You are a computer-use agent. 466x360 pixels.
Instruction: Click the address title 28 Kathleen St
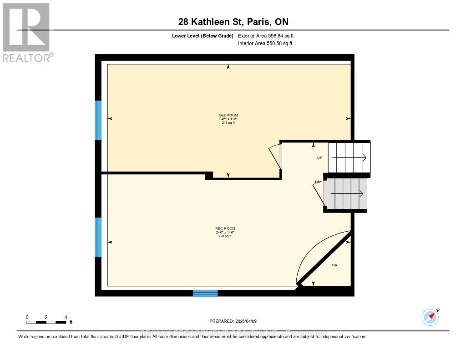(233, 22)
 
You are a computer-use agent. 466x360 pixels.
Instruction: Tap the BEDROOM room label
(228, 115)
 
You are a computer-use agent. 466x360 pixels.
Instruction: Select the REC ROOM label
(226, 228)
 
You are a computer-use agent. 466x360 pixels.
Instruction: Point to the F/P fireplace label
(334, 265)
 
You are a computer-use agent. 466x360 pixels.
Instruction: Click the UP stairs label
(320, 157)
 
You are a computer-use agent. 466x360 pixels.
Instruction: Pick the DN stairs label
(318, 182)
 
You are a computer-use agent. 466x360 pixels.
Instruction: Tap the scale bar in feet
(46, 322)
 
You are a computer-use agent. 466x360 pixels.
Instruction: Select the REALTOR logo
(27, 32)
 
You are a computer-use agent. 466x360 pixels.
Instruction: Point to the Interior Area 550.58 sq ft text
(265, 44)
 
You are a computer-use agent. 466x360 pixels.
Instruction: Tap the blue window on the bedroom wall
(98, 120)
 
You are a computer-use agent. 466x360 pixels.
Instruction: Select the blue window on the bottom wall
(205, 293)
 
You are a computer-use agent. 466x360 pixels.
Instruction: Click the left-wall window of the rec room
(98, 237)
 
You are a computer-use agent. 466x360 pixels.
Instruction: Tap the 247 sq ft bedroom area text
(228, 123)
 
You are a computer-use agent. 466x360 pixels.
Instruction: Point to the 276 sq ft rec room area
(226, 236)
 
